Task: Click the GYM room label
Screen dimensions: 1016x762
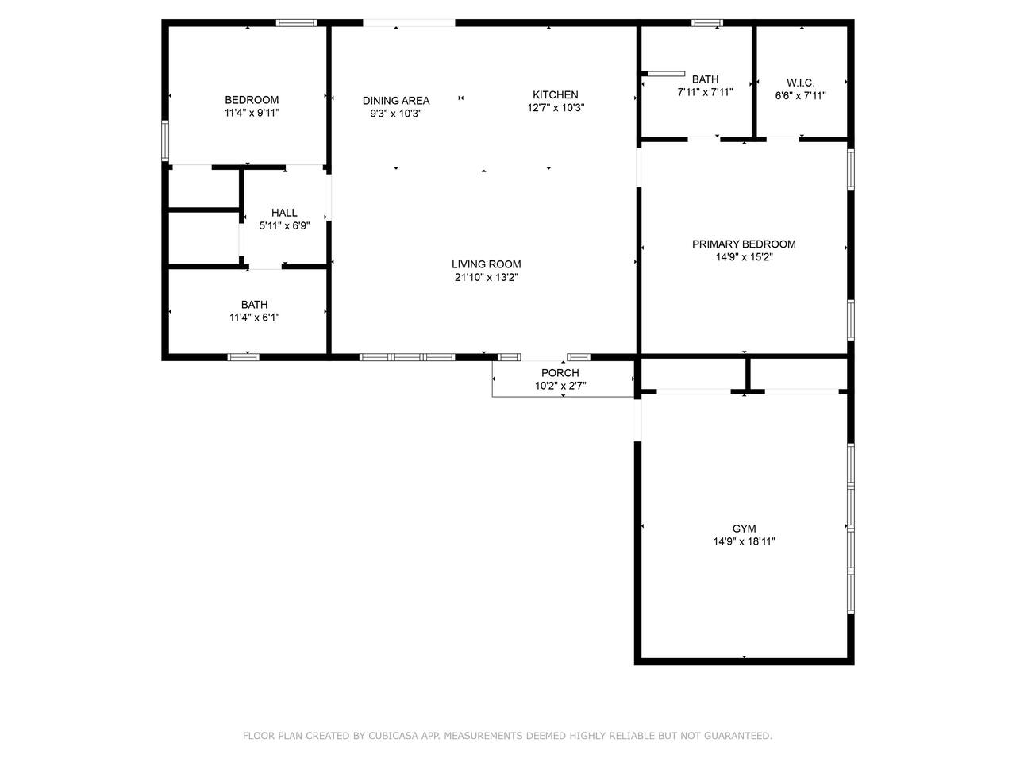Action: tap(744, 529)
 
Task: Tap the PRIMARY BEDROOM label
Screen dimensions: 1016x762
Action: tap(744, 244)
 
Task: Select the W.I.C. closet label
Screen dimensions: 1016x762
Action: tap(800, 83)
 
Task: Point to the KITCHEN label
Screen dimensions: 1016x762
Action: tap(556, 94)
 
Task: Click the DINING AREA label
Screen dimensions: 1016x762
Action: tap(396, 100)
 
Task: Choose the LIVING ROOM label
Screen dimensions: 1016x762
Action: tap(486, 264)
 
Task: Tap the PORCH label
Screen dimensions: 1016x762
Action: tap(560, 373)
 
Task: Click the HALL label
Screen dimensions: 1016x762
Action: tap(284, 213)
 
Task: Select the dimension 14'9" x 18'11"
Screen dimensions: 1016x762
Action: tap(744, 541)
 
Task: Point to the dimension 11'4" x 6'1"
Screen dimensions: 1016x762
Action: tap(255, 317)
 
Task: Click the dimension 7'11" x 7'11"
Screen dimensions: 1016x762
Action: tap(705, 92)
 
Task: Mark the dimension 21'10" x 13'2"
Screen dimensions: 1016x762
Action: tap(486, 277)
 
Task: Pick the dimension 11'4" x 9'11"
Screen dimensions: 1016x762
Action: tap(252, 113)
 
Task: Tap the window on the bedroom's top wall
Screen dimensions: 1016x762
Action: tap(296, 23)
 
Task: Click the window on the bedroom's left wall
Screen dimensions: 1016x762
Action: tap(165, 140)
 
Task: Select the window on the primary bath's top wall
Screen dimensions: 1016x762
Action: tap(706, 23)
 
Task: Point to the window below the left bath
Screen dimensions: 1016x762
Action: tap(243, 356)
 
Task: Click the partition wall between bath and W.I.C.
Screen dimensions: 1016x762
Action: tap(753, 82)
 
